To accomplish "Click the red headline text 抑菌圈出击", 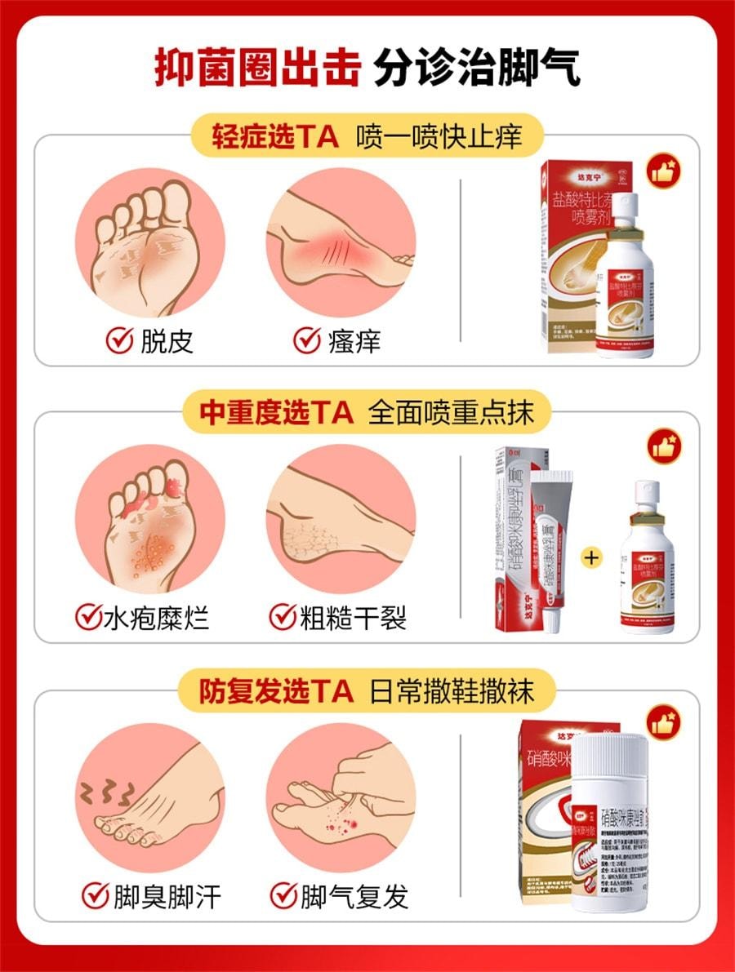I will pos(257,67).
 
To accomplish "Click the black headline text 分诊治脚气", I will pos(478,67).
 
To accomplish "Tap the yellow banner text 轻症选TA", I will pos(275,135).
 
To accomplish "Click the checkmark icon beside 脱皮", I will pos(120,340).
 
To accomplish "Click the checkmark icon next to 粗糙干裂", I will pos(282,617).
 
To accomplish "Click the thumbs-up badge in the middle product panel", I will pos(665,448).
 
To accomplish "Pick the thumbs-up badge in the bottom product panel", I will pos(665,724).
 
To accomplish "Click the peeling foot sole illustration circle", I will pos(150,243).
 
